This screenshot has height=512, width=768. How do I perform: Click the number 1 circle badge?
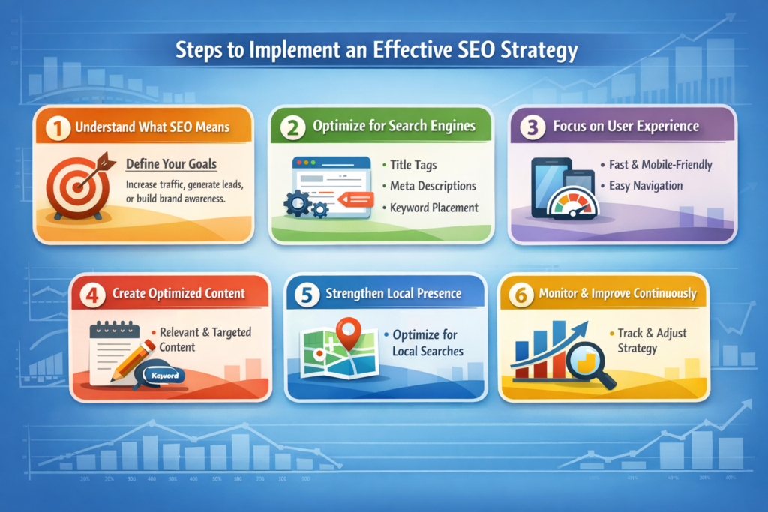[57, 127]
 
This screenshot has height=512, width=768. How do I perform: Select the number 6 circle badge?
[520, 294]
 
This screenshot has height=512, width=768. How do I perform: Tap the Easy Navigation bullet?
[642, 185]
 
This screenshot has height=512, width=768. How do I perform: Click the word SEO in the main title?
[456, 52]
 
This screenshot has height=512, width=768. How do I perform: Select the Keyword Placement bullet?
[433, 208]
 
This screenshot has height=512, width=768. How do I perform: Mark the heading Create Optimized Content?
[179, 293]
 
